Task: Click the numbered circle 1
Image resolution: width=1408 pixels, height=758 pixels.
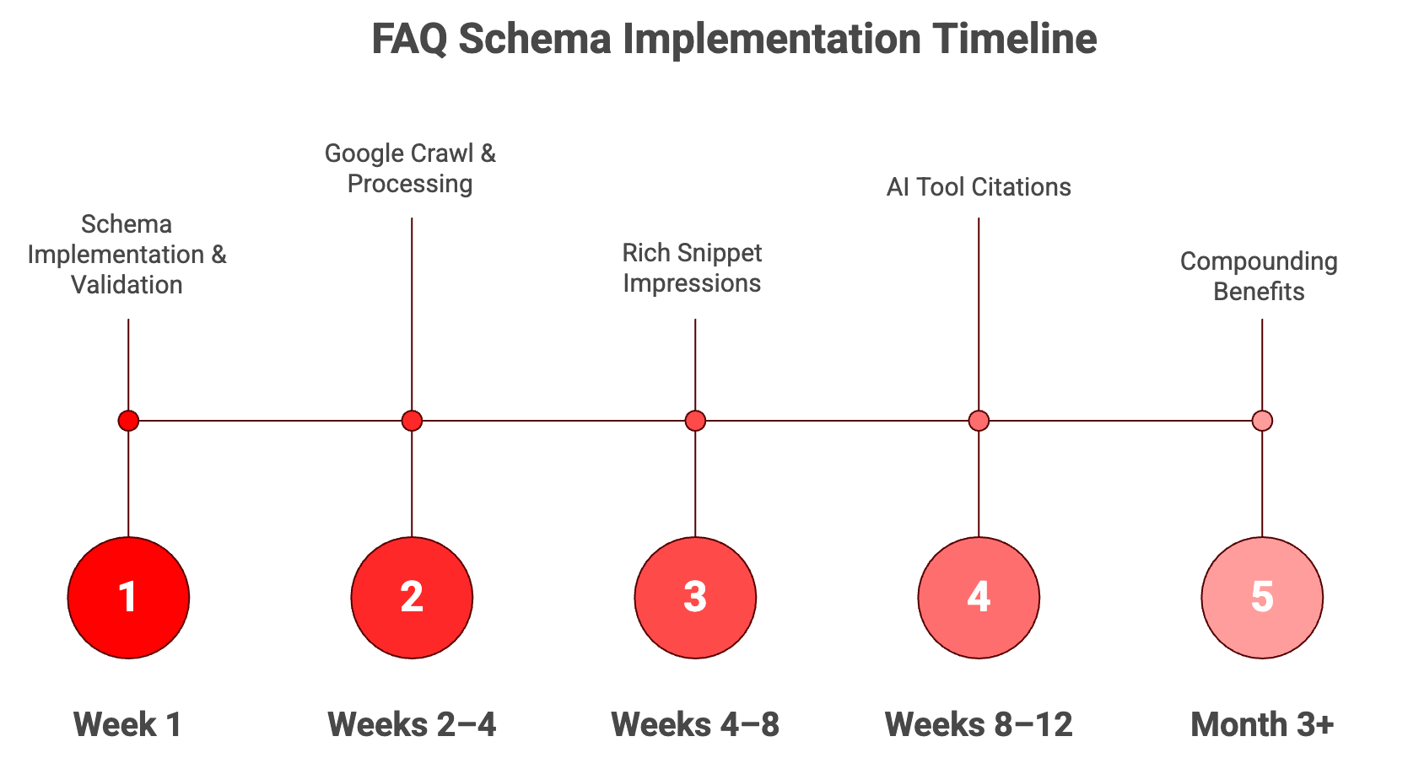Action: click(128, 598)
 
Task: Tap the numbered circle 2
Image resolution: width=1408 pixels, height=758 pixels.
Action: click(412, 598)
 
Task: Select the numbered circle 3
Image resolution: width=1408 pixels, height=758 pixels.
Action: click(695, 598)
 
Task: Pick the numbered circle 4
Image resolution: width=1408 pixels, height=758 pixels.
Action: click(979, 598)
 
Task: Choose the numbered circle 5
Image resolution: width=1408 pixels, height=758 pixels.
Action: click(1262, 598)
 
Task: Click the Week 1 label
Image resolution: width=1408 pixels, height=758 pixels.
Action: click(127, 724)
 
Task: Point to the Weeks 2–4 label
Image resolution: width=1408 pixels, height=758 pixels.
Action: click(412, 724)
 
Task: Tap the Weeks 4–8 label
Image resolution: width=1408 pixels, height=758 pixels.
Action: click(695, 724)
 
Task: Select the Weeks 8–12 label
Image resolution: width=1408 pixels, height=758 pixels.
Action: click(979, 724)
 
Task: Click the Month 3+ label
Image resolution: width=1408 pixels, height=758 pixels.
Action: click(1262, 724)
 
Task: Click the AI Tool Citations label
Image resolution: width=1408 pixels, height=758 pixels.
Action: click(979, 187)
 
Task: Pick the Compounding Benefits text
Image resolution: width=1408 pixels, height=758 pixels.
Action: click(1259, 277)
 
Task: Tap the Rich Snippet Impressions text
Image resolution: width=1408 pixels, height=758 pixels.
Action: click(692, 268)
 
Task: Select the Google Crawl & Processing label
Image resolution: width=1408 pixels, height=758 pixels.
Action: click(410, 169)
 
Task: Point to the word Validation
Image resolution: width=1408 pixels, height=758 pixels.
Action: click(127, 285)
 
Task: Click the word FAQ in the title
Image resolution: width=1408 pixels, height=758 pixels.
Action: click(409, 39)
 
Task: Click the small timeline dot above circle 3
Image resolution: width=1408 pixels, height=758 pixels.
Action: click(695, 421)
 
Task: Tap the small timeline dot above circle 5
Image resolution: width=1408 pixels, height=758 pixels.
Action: click(1262, 421)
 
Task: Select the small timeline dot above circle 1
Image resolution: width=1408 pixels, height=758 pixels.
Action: click(128, 421)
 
